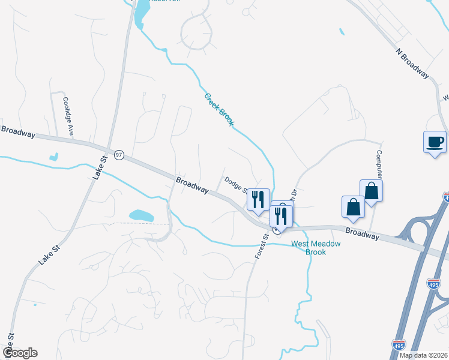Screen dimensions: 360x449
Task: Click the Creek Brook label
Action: (x=219, y=109)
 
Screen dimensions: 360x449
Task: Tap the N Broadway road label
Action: (x=413, y=62)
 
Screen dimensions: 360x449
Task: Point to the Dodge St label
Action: (x=235, y=184)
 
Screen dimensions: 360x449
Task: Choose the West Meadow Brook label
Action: (x=316, y=248)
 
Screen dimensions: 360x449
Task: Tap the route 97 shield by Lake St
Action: (x=119, y=155)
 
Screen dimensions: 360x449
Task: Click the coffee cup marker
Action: (x=435, y=143)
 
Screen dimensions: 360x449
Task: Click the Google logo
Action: (x=20, y=352)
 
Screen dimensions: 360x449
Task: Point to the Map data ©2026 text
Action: (x=423, y=355)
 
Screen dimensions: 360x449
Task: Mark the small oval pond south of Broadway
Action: (x=141, y=215)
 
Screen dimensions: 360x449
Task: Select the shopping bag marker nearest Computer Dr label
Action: (x=372, y=191)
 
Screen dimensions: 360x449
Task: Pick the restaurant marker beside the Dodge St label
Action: (x=258, y=199)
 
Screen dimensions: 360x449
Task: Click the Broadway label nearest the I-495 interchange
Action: (x=362, y=233)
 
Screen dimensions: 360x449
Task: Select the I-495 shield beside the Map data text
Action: (x=397, y=344)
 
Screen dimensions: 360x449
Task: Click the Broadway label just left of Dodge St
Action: (x=192, y=185)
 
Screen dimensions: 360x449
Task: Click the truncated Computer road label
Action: (x=379, y=160)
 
